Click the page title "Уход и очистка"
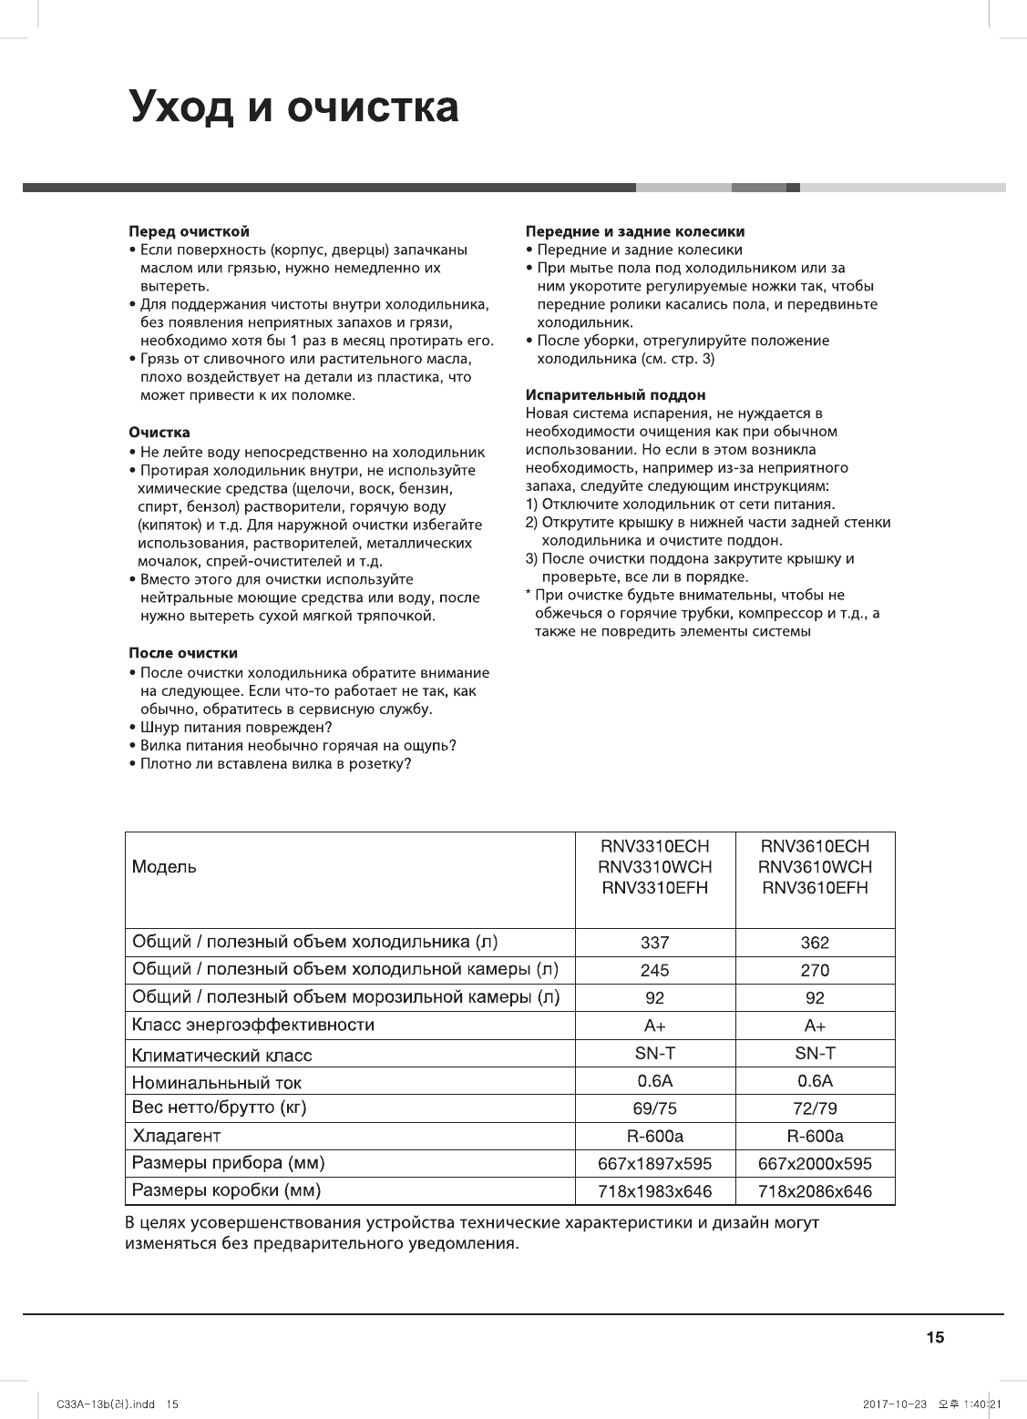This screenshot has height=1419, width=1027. [294, 107]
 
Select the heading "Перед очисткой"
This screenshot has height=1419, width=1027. [189, 231]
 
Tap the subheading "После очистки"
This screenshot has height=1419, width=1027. [183, 653]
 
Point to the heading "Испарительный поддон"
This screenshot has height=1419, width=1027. [616, 395]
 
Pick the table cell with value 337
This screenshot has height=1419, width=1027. [654, 943]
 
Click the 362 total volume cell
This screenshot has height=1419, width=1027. [815, 943]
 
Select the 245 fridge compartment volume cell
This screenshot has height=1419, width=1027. [654, 971]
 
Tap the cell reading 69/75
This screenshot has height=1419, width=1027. [654, 1109]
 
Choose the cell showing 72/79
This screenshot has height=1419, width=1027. [815, 1109]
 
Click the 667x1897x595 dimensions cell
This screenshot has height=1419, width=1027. [654, 1164]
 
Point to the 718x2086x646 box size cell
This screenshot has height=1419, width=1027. [815, 1191]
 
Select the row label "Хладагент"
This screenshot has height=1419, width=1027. [177, 1137]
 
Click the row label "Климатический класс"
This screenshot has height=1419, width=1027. [222, 1056]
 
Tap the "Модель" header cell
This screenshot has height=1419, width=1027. [164, 867]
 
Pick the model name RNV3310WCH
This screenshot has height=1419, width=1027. [654, 867]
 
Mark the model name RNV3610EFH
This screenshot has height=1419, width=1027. [815, 888]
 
